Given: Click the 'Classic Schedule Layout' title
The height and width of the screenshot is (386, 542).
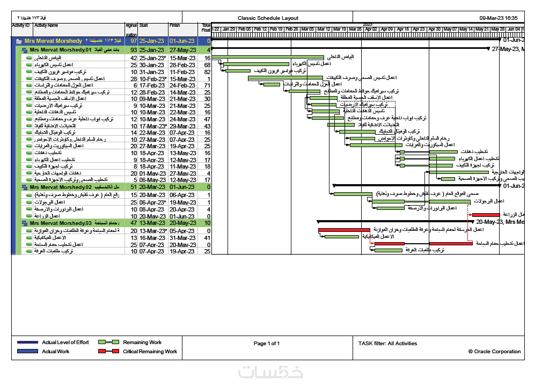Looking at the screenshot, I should (268, 18).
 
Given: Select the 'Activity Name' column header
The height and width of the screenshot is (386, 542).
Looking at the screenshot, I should (46, 25).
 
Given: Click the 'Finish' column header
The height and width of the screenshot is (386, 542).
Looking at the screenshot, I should (175, 25).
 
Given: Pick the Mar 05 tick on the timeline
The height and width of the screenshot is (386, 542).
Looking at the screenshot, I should (307, 29).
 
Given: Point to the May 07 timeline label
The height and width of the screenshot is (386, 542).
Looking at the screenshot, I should (450, 29).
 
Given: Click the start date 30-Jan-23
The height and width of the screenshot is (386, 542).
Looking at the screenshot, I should (151, 64).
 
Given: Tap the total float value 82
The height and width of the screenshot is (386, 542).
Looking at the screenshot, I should (207, 71).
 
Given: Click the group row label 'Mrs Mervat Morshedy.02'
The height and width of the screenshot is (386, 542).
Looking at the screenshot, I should (61, 187).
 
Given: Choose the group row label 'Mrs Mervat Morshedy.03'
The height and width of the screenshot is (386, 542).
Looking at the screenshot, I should (61, 223).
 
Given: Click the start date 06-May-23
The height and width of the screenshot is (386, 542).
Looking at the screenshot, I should (151, 180).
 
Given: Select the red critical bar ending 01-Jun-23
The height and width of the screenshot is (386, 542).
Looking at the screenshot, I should (486, 215).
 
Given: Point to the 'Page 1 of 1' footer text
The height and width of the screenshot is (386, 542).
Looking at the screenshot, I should (267, 344).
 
